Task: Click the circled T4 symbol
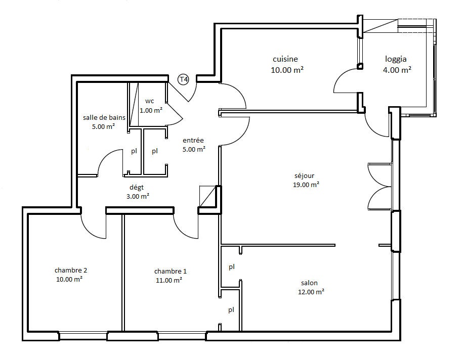184,79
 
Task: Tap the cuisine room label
285,59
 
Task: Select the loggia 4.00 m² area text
397,70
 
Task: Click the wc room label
149,101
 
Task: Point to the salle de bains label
104,117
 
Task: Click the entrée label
193,140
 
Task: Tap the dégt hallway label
137,187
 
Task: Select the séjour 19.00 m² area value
306,185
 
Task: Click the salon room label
309,283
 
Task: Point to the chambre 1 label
171,271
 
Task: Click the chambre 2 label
71,270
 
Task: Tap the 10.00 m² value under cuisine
287,70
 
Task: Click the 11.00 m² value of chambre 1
168,280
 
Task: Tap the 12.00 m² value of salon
311,292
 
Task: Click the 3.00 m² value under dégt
138,196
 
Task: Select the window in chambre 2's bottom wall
82,336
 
